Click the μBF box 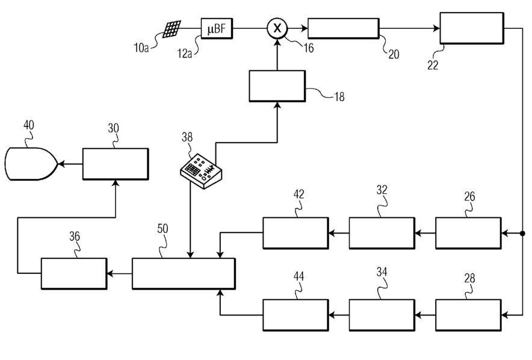click(x=217, y=28)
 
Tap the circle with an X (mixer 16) click(x=277, y=28)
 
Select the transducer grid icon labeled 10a click(x=172, y=29)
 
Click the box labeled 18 click(x=277, y=86)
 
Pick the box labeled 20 click(x=344, y=28)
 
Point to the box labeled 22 click(x=472, y=28)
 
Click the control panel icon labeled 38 click(x=201, y=171)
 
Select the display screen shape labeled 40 click(x=31, y=164)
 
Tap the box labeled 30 click(x=116, y=164)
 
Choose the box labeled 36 click(x=74, y=273)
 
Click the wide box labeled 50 click(x=184, y=273)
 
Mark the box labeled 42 click(x=295, y=233)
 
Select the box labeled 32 click(x=382, y=233)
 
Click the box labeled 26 click(x=468, y=233)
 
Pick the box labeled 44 click(x=295, y=315)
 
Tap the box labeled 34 click(x=382, y=315)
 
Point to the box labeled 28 click(x=468, y=315)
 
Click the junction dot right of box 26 click(x=522, y=234)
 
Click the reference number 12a click(x=185, y=54)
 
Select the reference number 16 click(x=308, y=48)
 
